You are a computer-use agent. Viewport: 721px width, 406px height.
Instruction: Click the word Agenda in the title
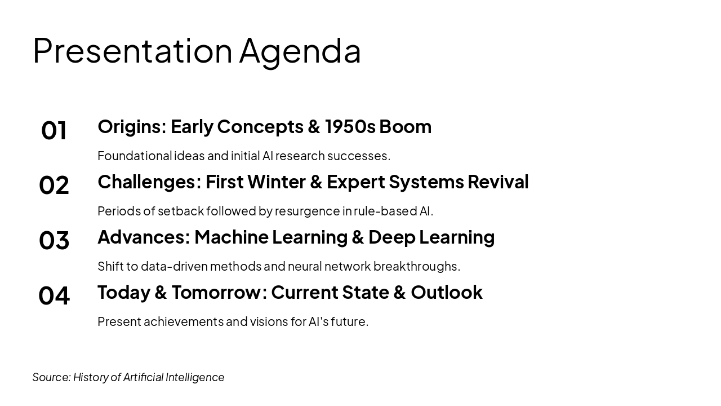coord(300,51)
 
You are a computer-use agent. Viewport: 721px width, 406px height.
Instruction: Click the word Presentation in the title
coord(132,51)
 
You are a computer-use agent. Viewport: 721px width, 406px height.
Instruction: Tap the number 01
coord(54,130)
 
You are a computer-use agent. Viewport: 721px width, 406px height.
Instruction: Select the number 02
coord(54,186)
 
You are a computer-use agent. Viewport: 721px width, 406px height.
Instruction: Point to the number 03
coord(54,241)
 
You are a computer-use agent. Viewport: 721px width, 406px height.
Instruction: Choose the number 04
coord(54,296)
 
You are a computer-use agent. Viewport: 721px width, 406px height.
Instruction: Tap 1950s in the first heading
coord(350,127)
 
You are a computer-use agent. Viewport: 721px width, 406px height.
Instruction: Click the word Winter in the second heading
coord(275,182)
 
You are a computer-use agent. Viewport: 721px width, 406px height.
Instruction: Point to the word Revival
coord(498,182)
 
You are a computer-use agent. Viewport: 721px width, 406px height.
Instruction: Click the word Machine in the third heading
coord(231,237)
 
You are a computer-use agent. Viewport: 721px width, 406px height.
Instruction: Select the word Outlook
coord(446,293)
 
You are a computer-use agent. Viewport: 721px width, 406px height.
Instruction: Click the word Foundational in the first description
coord(135,156)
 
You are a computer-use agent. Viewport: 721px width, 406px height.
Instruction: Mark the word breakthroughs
coord(416,266)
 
